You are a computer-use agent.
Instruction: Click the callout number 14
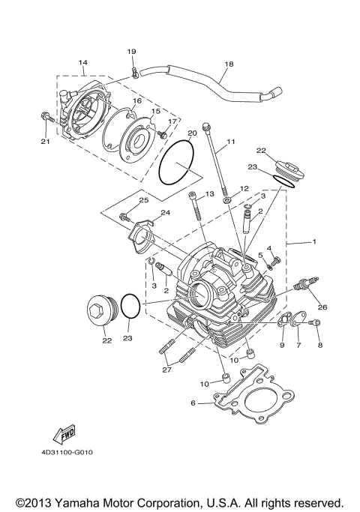[83, 61]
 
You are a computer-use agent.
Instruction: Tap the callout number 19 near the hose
[132, 51]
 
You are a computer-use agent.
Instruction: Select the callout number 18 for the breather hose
[229, 64]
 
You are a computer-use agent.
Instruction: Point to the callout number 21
[45, 142]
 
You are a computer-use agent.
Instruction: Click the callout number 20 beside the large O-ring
[191, 133]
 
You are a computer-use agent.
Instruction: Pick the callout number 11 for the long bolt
[230, 142]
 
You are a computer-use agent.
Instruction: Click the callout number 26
[322, 306]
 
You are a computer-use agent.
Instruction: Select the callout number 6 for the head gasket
[193, 403]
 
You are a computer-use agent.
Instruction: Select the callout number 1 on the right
[314, 242]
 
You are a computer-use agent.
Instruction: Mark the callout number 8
[319, 345]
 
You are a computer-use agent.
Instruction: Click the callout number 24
[165, 213]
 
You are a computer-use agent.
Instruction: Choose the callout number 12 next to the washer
[244, 188]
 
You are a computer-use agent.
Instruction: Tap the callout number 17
[172, 121]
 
